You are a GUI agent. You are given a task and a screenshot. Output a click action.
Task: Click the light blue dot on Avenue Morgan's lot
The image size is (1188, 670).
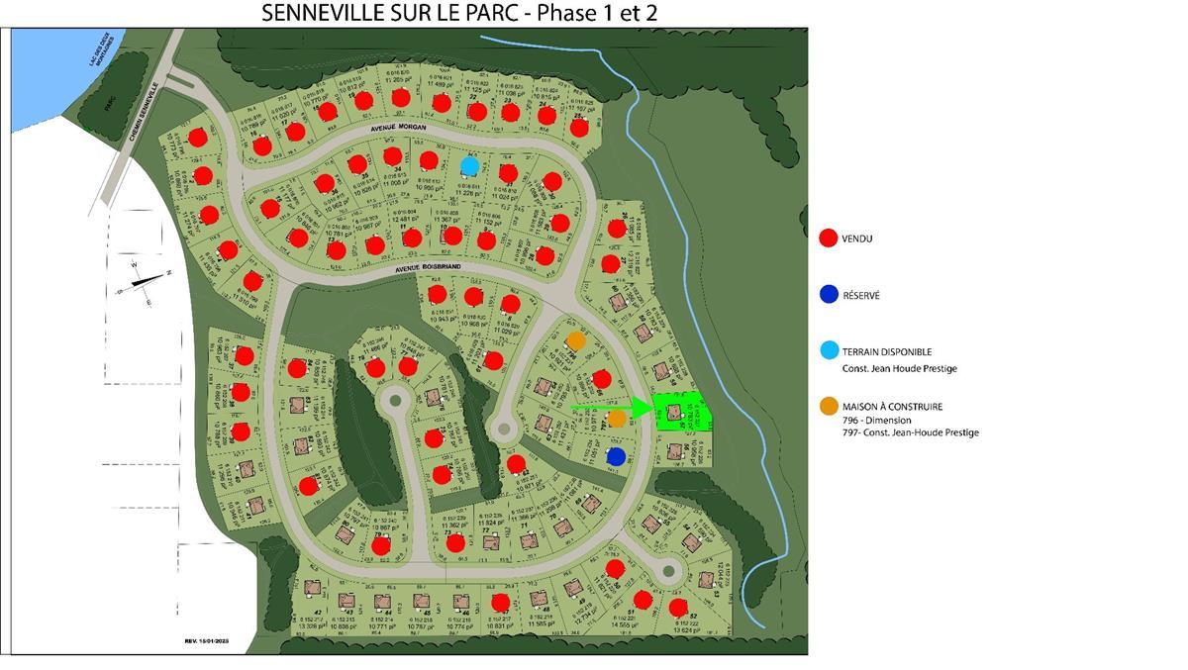(470, 165)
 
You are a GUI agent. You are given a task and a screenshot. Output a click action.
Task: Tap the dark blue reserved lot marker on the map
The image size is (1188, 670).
(616, 456)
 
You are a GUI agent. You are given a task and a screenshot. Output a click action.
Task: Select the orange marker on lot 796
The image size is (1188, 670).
(576, 340)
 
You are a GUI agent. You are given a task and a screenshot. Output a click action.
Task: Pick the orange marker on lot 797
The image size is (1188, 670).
(617, 418)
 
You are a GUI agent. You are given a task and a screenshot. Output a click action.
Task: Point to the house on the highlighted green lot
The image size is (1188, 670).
(675, 412)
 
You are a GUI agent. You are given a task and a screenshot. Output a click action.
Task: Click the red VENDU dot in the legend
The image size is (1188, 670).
(830, 239)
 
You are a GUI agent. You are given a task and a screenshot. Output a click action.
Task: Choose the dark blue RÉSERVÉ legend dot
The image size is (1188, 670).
(830, 295)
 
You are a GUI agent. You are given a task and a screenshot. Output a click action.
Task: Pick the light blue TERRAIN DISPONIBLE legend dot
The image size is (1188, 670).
(830, 350)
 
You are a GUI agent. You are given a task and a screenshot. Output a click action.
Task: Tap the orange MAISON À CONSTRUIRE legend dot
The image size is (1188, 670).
(830, 407)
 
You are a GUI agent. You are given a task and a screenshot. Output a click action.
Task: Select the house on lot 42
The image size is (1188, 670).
(314, 589)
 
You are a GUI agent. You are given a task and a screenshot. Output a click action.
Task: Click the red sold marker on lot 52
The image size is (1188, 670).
(678, 607)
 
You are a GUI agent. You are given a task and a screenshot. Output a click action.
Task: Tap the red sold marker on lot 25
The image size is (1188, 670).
(580, 127)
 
